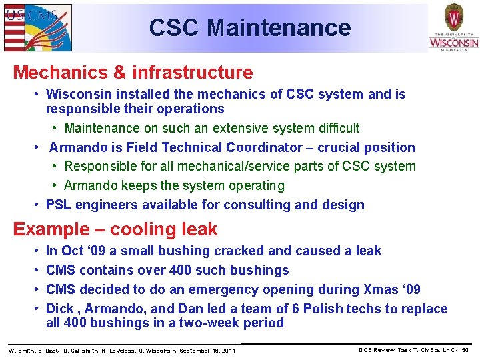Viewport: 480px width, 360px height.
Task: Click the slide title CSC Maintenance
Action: pyautogui.click(x=250, y=28)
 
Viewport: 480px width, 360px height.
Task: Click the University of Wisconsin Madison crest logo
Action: pyautogui.click(x=453, y=27)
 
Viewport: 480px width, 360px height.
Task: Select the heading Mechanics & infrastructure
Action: pyautogui.click(x=133, y=72)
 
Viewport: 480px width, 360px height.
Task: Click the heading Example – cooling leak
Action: pyautogui.click(x=115, y=229)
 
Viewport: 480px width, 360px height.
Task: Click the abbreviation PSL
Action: pyautogui.click(x=59, y=205)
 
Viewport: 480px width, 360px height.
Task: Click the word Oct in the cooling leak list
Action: pyautogui.click(x=71, y=251)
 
